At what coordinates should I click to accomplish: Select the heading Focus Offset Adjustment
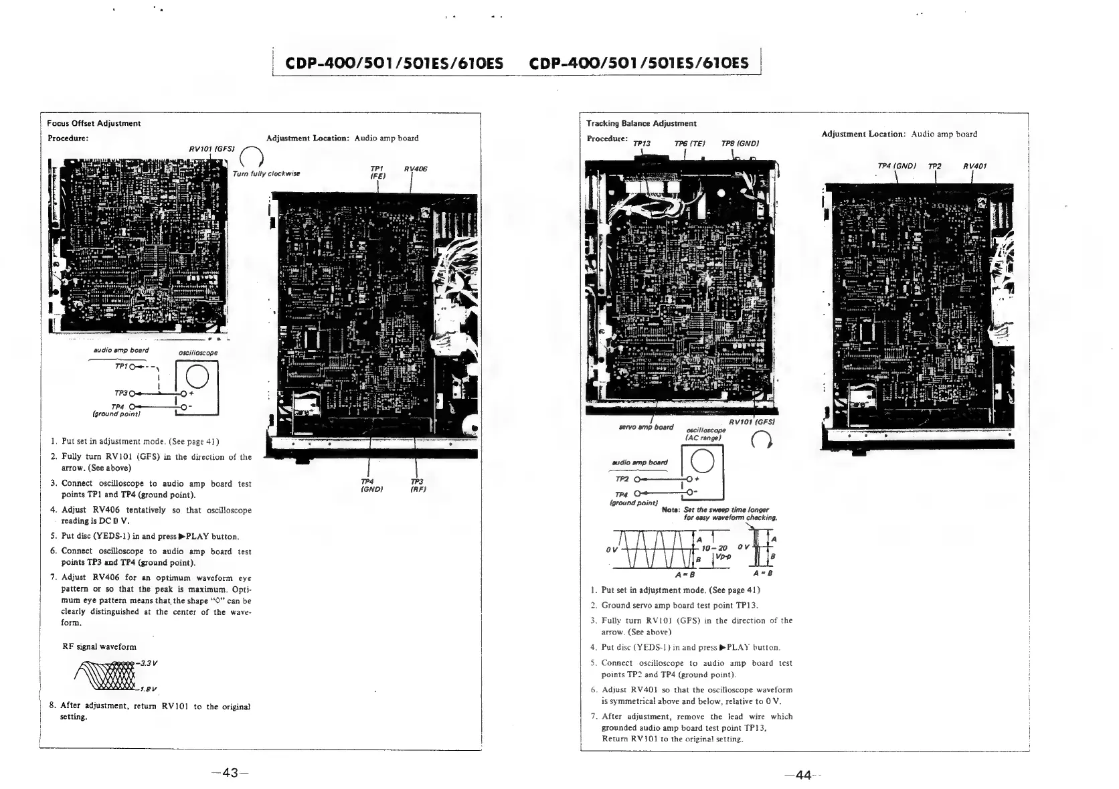coord(94,123)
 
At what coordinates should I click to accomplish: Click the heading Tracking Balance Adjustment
coord(641,123)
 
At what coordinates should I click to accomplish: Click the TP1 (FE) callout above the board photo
coord(377,173)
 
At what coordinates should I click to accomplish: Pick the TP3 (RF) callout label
coord(418,485)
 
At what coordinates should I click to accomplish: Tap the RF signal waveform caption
coord(99,646)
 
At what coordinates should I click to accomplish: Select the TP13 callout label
coord(641,143)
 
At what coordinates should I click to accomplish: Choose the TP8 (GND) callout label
coord(740,143)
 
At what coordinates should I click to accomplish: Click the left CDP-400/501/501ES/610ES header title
coord(395,64)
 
